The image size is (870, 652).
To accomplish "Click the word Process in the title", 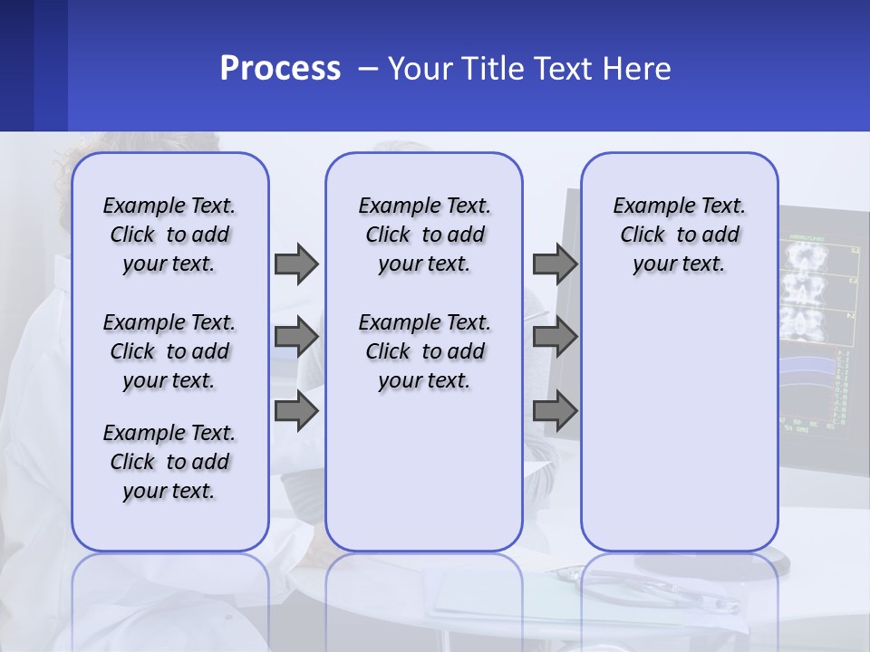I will (x=280, y=69).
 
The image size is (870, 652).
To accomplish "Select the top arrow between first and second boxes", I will (x=296, y=264).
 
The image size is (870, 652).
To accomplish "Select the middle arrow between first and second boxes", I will (x=296, y=337).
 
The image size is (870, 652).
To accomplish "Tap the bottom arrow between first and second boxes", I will (x=296, y=411).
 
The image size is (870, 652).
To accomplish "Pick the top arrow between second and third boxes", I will (x=555, y=264).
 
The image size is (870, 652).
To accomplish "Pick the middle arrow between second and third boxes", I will (x=555, y=337).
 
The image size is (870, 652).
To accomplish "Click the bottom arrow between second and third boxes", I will (x=555, y=411).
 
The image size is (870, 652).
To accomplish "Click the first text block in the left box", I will (x=169, y=235).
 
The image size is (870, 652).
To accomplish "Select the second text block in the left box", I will (x=169, y=351).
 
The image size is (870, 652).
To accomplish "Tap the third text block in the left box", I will (x=169, y=462).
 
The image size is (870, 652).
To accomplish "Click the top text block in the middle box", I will (x=424, y=235).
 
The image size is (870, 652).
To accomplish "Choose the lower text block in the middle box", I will (x=424, y=351).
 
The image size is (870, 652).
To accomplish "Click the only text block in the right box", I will (x=679, y=235).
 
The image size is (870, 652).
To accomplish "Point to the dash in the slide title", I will (x=367, y=69).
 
